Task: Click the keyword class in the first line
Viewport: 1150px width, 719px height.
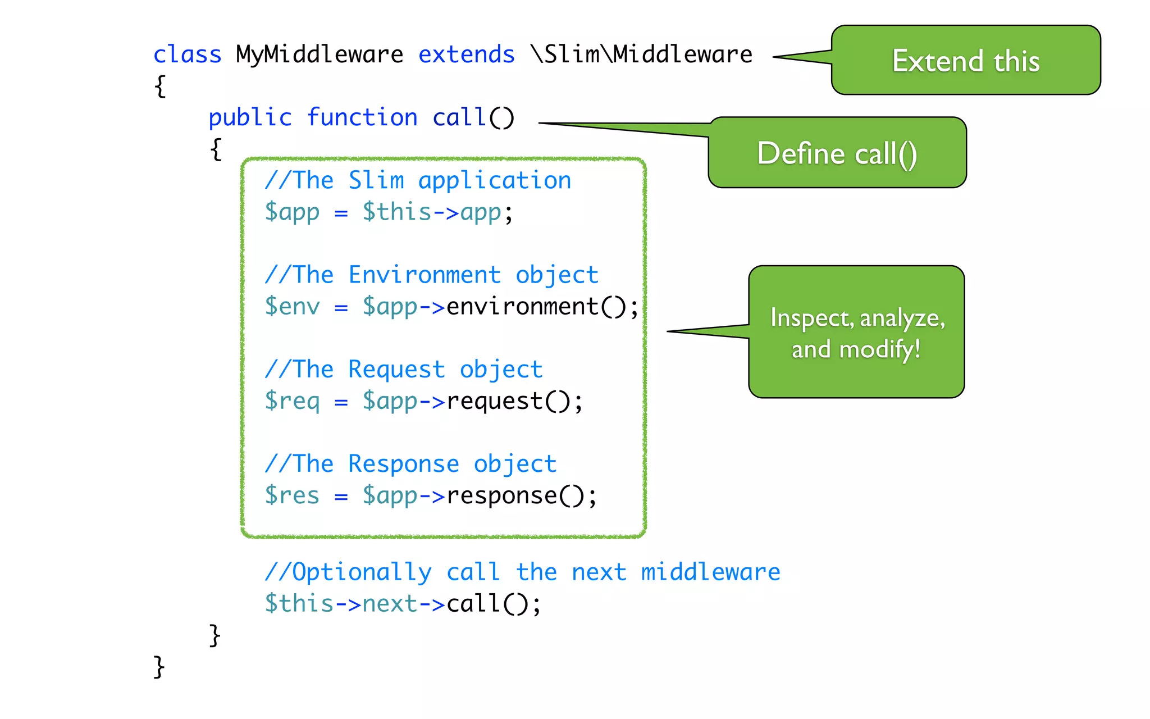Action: (187, 55)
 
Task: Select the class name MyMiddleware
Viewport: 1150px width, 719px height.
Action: (319, 55)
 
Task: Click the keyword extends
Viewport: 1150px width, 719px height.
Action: (466, 55)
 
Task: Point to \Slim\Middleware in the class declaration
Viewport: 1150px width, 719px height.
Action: (641, 55)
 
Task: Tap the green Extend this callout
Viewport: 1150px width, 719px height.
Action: (965, 61)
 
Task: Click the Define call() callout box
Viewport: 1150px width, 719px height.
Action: (837, 153)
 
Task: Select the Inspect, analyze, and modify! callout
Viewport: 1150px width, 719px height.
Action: (856, 333)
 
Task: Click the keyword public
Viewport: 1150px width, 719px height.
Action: (250, 118)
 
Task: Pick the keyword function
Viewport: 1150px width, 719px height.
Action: (362, 118)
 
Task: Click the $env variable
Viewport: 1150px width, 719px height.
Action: (292, 307)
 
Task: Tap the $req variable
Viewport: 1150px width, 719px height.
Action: (292, 401)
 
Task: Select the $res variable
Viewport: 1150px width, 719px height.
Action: (292, 495)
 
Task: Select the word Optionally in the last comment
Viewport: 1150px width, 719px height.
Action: (362, 572)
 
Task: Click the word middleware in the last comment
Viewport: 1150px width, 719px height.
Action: (710, 572)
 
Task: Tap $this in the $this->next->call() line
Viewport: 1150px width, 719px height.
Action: (299, 604)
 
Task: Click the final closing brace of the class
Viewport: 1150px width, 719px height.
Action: (159, 667)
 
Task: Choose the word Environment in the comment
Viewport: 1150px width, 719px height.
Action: (425, 275)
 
